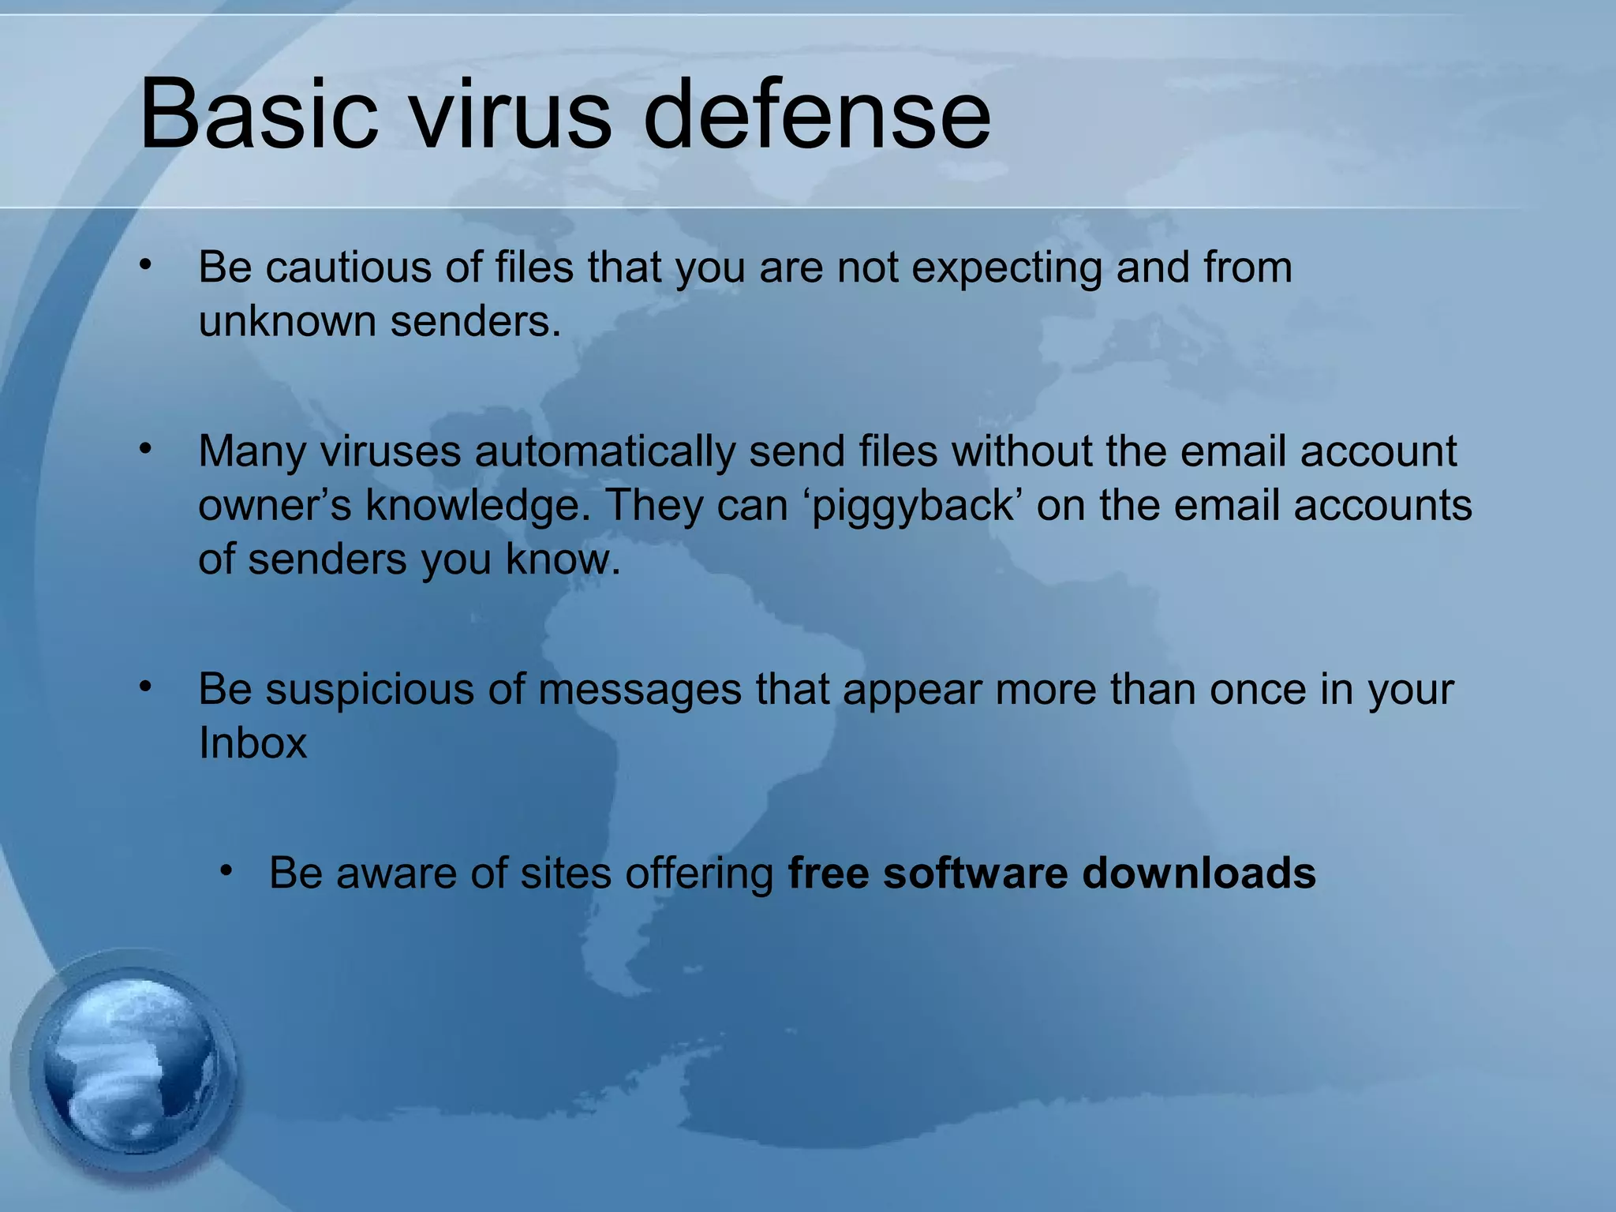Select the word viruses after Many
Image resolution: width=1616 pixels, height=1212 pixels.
pos(391,451)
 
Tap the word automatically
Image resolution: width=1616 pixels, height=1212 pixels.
pos(604,453)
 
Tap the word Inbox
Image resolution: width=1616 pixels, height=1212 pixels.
pos(252,743)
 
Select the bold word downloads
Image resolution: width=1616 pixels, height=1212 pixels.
pos(1199,873)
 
